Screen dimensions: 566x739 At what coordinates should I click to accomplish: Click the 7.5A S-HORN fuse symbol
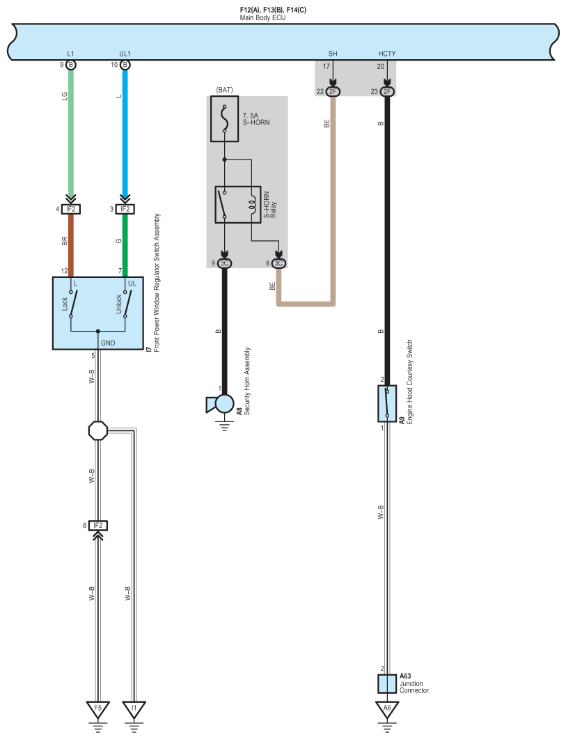coord(224,119)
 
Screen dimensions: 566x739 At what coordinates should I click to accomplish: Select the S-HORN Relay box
coord(238,205)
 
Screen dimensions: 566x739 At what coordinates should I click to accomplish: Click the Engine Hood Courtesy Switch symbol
coord(387,403)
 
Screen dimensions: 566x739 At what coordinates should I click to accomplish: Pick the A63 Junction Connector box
coord(387,684)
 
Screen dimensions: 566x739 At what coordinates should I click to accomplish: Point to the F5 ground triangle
coord(97,709)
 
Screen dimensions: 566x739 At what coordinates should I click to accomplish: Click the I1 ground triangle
coord(134,709)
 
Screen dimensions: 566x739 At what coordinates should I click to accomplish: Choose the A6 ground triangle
coord(387,709)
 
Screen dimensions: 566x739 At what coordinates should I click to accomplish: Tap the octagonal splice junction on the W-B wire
coord(98,430)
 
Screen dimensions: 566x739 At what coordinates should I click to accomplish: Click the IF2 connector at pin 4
coord(71,209)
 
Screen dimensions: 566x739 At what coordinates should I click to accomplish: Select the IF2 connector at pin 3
coord(125,209)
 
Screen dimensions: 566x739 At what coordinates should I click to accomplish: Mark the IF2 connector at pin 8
coord(98,525)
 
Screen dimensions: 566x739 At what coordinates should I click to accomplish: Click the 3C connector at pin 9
coord(224,263)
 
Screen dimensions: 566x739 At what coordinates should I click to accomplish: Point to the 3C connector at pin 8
coord(278,263)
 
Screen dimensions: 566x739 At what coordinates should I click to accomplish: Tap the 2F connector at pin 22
coord(333,91)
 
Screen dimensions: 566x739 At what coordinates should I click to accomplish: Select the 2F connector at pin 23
coord(387,91)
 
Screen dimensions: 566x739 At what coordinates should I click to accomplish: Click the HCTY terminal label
coord(387,54)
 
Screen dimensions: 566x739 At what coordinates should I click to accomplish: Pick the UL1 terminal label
coord(125,54)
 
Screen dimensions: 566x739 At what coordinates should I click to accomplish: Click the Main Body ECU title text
coord(262,18)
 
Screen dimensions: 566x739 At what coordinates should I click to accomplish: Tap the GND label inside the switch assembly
coord(108,343)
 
